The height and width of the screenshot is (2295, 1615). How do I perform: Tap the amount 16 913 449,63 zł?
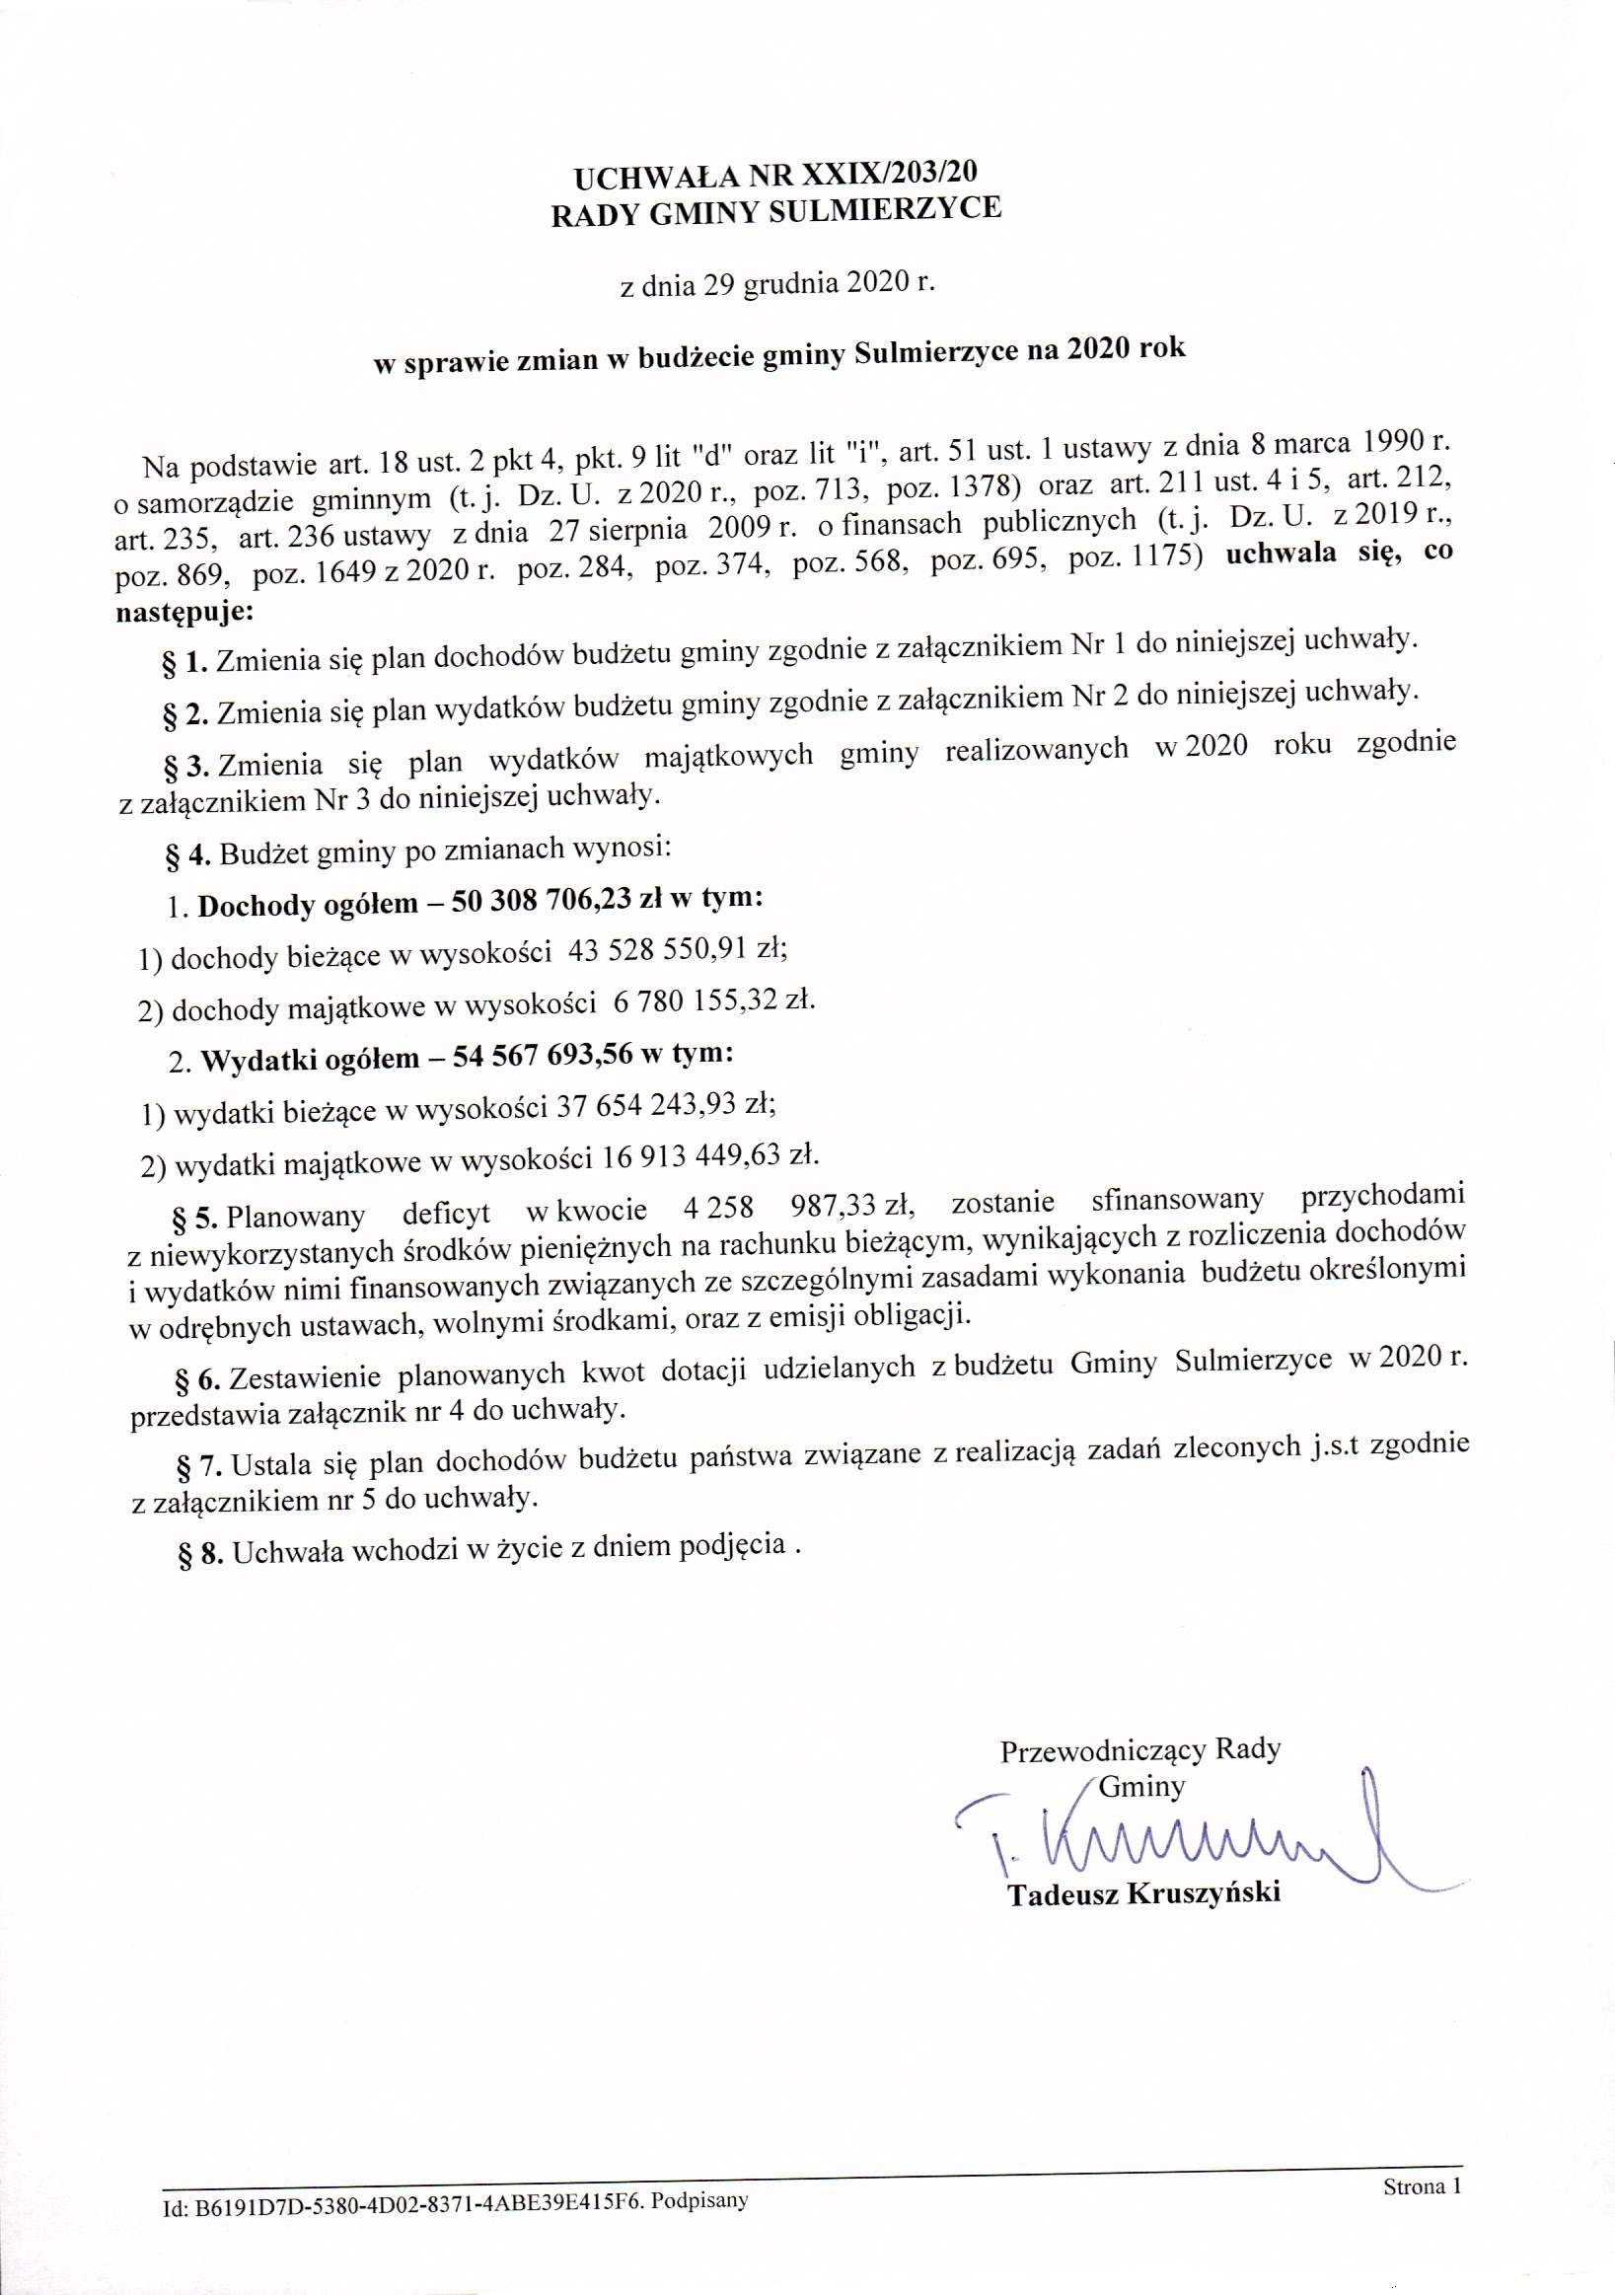(710, 1157)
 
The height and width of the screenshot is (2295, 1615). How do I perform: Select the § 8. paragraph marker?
(200, 1555)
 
